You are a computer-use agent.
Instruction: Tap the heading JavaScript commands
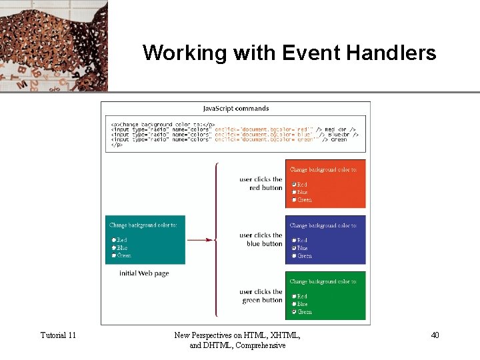(x=236, y=108)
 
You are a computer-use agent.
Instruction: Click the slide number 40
(x=435, y=335)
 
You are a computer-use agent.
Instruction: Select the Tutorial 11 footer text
(x=58, y=335)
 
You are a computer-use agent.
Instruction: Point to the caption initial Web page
(x=144, y=273)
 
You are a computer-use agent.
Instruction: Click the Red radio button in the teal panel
(x=114, y=240)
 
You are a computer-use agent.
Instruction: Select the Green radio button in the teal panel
(x=114, y=255)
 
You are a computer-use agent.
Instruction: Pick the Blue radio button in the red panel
(x=294, y=192)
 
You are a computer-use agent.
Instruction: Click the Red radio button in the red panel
(x=294, y=185)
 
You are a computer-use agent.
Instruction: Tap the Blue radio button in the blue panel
(x=294, y=248)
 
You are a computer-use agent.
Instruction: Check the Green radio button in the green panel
(x=294, y=311)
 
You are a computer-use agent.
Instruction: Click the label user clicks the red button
(x=261, y=183)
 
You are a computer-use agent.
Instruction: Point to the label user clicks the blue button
(x=261, y=239)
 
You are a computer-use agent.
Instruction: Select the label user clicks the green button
(x=261, y=296)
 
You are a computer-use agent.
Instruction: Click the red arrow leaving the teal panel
(x=200, y=240)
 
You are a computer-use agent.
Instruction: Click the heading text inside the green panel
(x=323, y=282)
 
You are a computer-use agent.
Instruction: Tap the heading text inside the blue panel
(x=323, y=226)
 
